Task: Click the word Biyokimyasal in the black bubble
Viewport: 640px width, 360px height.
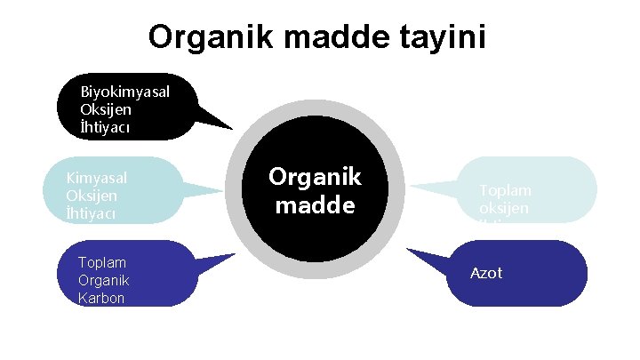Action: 125,92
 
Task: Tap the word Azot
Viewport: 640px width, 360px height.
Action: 486,273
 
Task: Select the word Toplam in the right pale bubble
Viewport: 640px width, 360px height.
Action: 505,190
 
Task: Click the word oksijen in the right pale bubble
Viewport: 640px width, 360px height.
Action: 504,207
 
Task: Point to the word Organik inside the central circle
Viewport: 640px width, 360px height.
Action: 315,177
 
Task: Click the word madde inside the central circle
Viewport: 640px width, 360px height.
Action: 315,205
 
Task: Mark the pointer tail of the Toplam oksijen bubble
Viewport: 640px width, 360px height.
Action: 436,187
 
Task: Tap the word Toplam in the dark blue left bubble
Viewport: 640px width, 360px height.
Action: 102,263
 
